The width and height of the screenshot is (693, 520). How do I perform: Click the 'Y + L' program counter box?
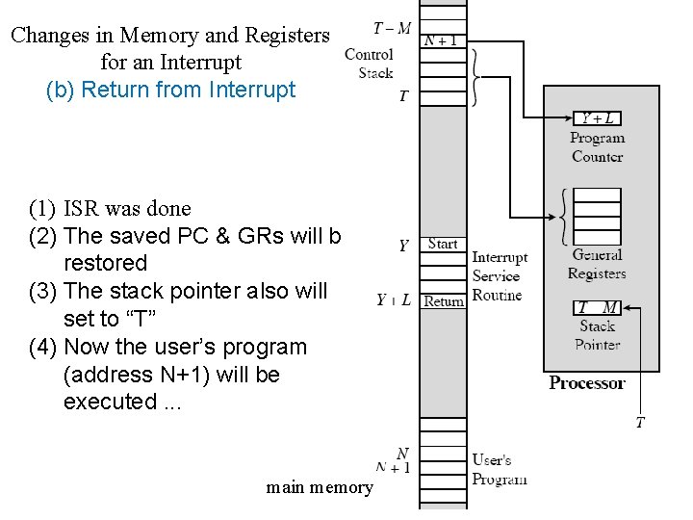[597, 118]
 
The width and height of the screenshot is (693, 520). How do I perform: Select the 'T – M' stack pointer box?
[597, 307]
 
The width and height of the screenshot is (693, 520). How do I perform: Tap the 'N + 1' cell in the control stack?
[443, 40]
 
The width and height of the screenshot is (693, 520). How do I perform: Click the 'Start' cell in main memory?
[443, 244]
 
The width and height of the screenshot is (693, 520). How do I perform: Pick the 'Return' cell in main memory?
[443, 300]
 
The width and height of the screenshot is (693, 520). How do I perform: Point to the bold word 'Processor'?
[587, 382]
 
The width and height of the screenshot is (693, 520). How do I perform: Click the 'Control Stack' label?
[369, 64]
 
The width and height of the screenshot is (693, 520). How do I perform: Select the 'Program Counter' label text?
[597, 147]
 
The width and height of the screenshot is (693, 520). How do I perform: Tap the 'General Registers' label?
[597, 264]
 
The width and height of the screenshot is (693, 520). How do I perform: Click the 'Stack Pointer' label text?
[597, 335]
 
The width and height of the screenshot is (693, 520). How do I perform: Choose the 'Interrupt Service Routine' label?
[499, 276]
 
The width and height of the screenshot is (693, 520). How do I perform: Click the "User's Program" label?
[500, 469]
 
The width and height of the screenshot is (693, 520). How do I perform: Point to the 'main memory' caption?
[320, 487]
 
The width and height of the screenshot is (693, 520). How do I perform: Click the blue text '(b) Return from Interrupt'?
[170, 90]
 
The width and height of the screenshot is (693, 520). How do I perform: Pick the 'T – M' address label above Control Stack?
[391, 28]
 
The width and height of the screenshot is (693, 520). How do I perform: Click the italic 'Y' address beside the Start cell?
[404, 246]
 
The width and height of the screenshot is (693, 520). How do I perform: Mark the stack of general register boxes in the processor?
[597, 217]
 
